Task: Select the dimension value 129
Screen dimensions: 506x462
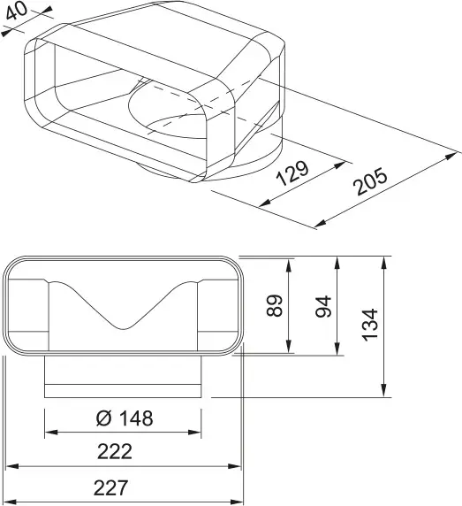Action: [293, 172]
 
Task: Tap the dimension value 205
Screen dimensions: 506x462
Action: [372, 183]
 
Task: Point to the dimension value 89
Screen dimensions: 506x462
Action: [276, 306]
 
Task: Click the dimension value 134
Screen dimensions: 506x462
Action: [371, 326]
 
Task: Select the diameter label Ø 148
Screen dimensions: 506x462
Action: [125, 418]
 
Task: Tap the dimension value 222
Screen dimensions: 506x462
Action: [115, 452]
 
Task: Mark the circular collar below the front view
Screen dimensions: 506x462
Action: [125, 379]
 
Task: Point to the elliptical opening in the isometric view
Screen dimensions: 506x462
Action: [173, 118]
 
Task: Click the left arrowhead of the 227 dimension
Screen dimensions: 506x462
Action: [11, 498]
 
